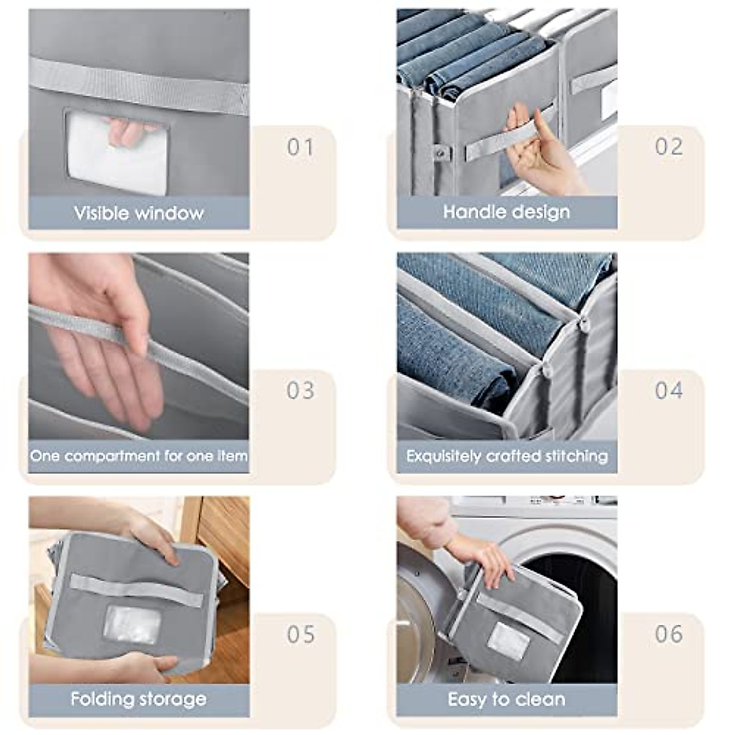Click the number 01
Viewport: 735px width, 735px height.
tap(300, 147)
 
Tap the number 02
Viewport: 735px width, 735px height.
tap(668, 147)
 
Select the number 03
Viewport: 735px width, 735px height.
tap(300, 390)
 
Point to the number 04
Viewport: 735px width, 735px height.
tap(668, 390)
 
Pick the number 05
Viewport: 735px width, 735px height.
tap(300, 634)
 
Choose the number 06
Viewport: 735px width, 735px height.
tap(668, 634)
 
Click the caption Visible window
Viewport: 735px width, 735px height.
tap(139, 213)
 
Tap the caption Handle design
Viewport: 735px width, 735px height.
tap(507, 212)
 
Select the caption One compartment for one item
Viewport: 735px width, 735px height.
tap(139, 456)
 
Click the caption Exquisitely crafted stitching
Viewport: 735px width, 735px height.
tap(507, 456)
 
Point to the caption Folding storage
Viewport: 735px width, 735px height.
tap(139, 699)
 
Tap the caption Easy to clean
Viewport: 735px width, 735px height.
tap(507, 699)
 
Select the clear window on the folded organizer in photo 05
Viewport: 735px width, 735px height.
tap(132, 624)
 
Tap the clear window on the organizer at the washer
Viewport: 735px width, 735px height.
tap(508, 641)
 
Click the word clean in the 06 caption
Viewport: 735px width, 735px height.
tap(540, 699)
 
